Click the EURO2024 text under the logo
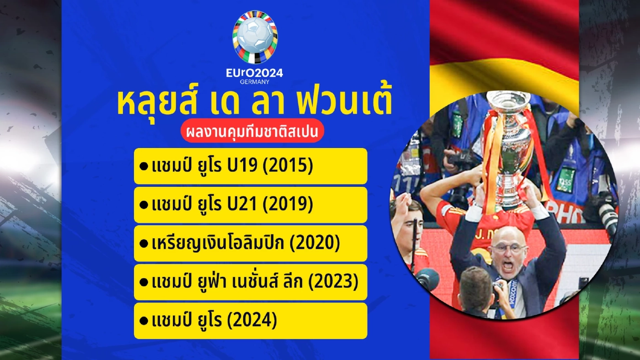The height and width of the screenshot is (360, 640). pos(255,73)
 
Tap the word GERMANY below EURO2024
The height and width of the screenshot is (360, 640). pos(255,82)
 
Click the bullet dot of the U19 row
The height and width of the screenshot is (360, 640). pos(143,167)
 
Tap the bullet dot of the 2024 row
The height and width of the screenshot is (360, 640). pos(143,322)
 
